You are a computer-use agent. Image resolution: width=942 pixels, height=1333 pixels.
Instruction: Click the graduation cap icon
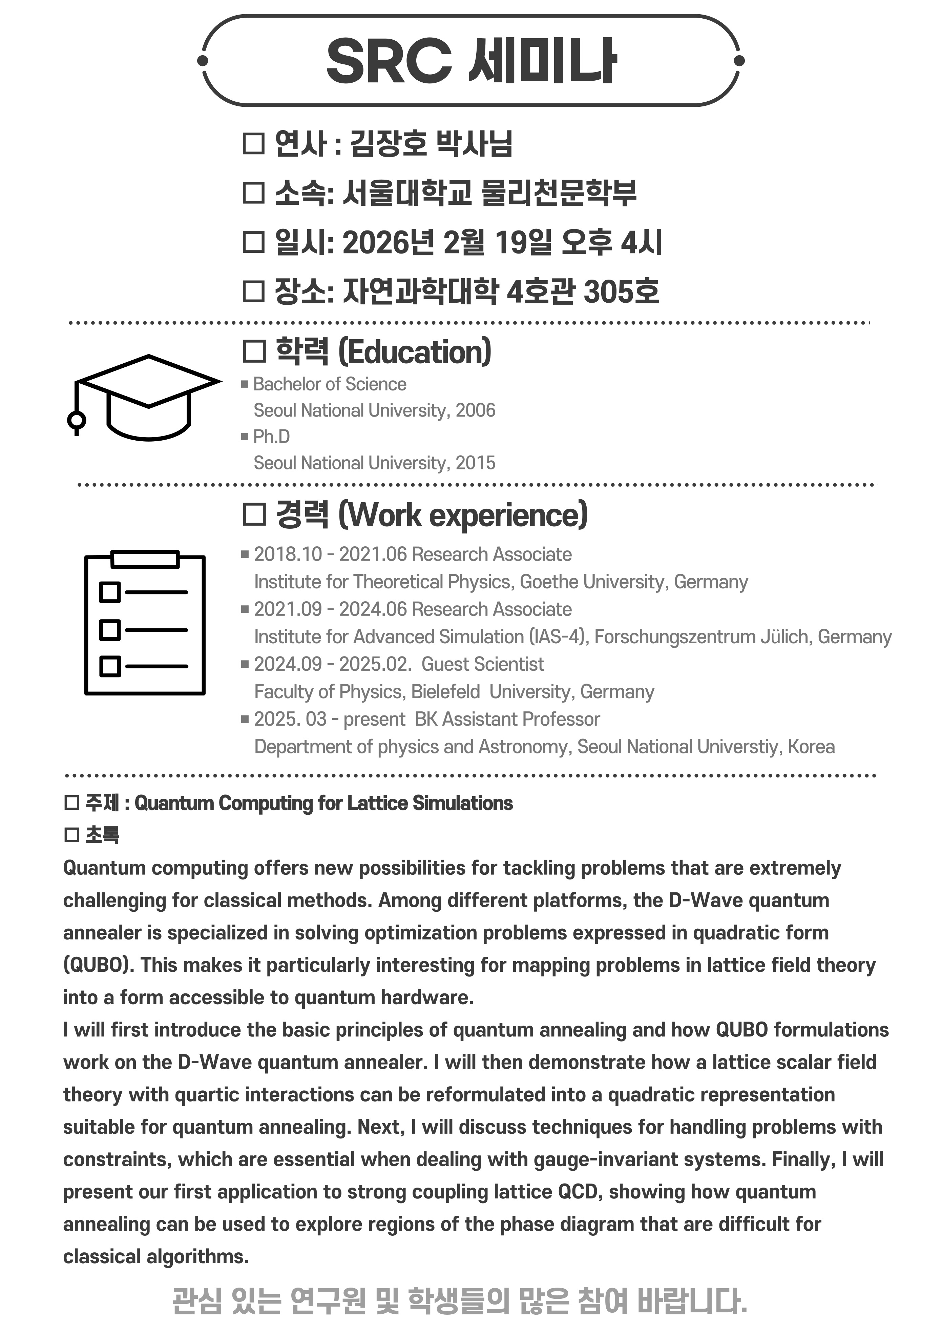[145, 397]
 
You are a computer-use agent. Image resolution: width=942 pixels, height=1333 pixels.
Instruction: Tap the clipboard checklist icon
[145, 622]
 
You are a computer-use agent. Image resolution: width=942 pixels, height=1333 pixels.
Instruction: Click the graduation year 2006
[475, 410]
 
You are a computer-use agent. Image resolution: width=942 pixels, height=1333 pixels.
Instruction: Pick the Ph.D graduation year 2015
[475, 463]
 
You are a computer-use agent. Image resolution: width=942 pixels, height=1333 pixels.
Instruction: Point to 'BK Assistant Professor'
[507, 719]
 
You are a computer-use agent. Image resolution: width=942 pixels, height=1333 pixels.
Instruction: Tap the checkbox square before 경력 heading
[254, 514]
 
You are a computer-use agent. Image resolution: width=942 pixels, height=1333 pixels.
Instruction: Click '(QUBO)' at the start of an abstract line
[98, 965]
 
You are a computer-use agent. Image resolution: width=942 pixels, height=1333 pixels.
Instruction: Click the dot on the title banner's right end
[739, 60]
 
